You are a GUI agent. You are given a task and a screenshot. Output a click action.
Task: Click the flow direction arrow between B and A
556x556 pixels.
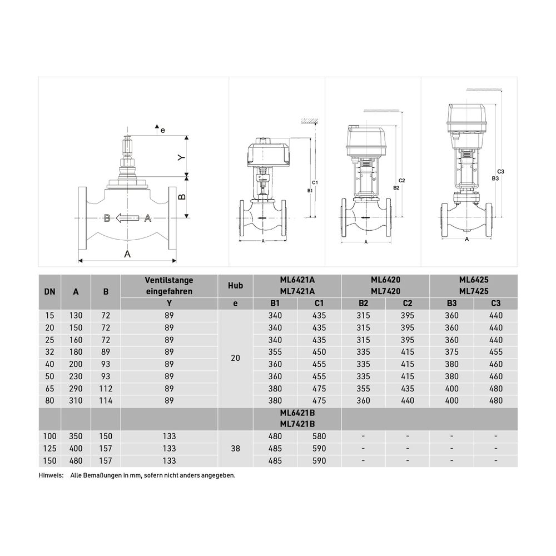point(127,218)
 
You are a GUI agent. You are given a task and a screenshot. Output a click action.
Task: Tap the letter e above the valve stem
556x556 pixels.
point(163,131)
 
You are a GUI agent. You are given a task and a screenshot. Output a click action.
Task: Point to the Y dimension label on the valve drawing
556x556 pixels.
point(182,157)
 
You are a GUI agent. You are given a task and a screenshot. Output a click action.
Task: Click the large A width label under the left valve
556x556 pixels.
point(127,254)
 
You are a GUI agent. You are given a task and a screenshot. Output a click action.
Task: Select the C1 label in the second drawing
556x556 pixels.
point(315,182)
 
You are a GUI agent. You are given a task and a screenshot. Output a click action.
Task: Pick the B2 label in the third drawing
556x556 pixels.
point(396,188)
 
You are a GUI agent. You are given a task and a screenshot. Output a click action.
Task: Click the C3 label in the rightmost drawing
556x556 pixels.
point(501,172)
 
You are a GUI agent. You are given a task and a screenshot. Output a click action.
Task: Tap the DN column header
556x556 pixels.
point(49,292)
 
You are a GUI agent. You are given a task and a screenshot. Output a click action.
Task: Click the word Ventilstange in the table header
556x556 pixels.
point(169,280)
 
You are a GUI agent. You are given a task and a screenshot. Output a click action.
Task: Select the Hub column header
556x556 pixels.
point(235,285)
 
